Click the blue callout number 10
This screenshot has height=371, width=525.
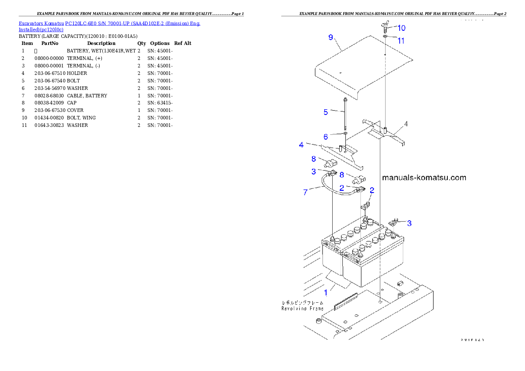[x=401, y=28]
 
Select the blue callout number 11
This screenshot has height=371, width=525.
[x=401, y=41]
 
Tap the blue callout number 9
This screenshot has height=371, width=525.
[x=331, y=37]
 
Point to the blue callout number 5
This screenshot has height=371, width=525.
[x=326, y=112]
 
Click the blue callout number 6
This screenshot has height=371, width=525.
[x=326, y=137]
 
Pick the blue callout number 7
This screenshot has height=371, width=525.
[x=305, y=193]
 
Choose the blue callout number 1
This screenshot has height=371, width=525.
[x=326, y=292]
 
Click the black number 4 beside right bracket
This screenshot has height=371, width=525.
[x=406, y=124]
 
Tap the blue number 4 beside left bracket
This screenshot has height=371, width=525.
[x=301, y=145]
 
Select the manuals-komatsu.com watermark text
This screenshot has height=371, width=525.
[x=424, y=178]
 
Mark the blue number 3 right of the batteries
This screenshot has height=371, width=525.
[x=409, y=223]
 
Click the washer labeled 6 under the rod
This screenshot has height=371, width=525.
[x=345, y=133]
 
